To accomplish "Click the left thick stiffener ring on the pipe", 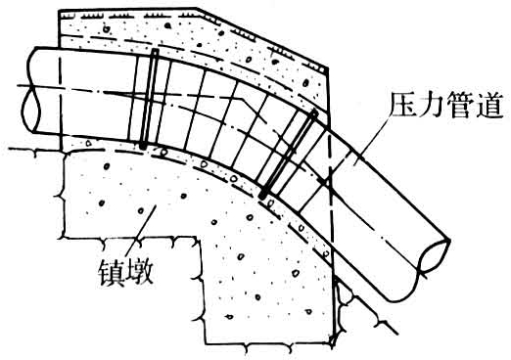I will coord(151,98).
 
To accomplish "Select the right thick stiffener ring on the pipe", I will coord(289,152).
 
